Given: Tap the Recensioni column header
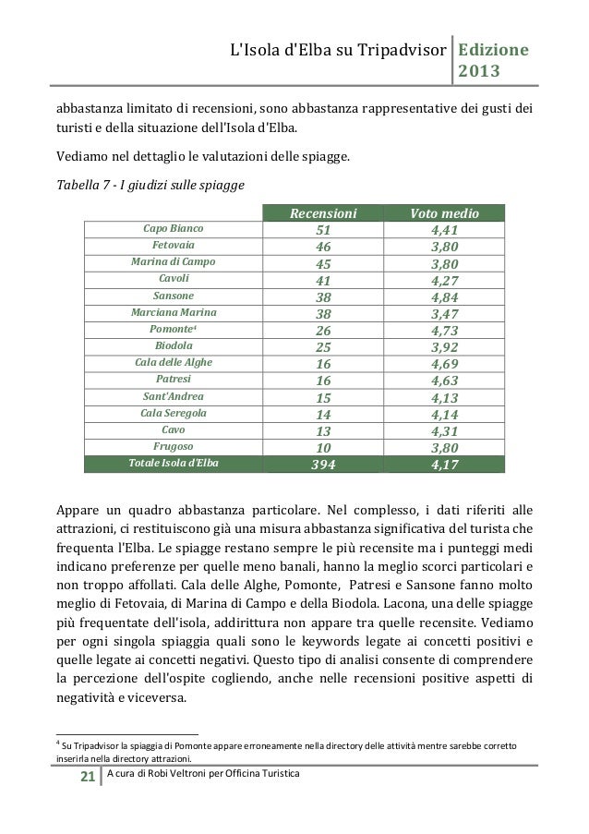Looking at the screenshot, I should point(323,213).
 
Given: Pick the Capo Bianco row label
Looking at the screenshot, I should point(174,230).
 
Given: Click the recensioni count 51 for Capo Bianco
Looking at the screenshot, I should point(323,230).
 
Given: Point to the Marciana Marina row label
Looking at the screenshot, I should point(174,314).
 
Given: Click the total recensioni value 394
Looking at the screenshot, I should point(323,465).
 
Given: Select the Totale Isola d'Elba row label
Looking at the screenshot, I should point(174,465).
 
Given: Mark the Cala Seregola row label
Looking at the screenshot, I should point(174,414).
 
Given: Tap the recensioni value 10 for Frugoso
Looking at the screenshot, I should point(323,448).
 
